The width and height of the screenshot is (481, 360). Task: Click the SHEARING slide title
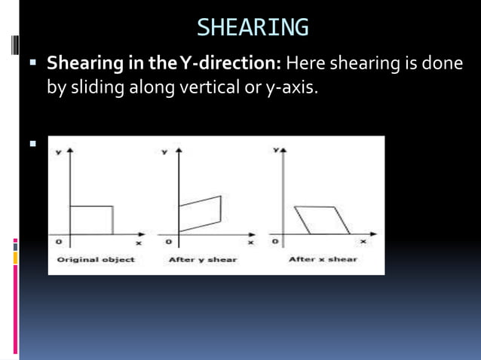coord(252,28)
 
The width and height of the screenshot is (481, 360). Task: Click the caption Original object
coord(96,260)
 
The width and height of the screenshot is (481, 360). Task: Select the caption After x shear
coord(323,260)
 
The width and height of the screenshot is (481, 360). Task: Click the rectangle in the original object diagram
coord(91,219)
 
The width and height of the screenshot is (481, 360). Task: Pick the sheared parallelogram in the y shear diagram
coord(201,214)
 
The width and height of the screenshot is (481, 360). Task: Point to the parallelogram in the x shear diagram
coord(323,219)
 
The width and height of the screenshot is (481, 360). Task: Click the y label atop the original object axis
coord(58,153)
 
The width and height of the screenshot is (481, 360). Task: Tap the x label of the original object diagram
coord(138,243)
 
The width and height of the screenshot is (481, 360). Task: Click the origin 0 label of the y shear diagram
coord(169,242)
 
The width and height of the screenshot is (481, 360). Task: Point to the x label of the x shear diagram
coord(363,242)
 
